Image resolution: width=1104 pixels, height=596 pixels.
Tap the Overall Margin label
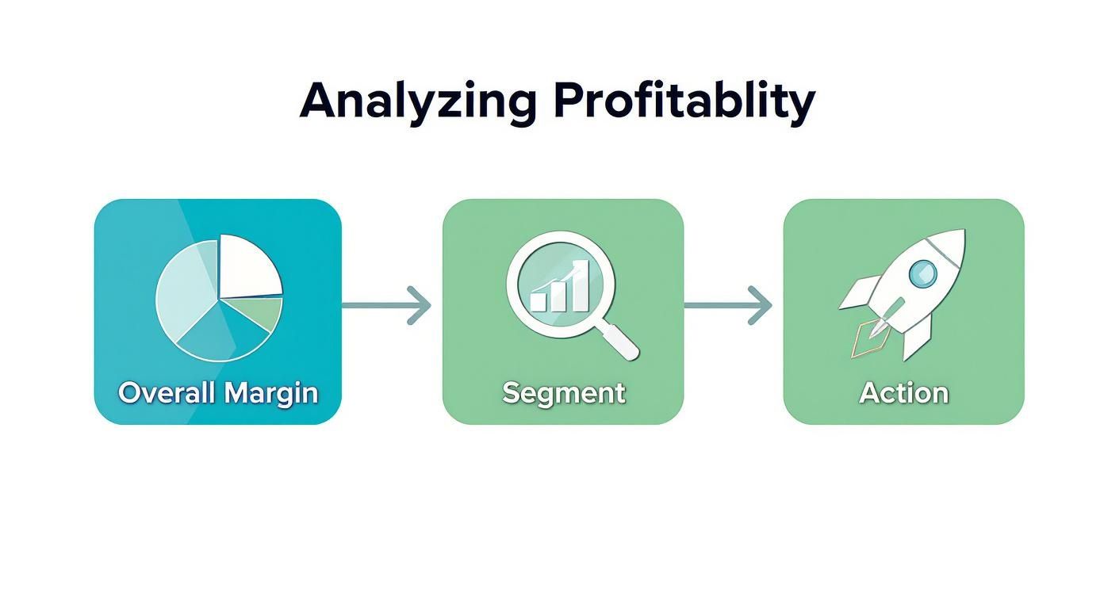pos(218,392)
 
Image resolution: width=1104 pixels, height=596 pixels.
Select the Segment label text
pos(563,392)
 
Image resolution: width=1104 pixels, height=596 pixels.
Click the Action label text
pos(903,392)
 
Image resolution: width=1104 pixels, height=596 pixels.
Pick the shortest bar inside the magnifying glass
pos(539,300)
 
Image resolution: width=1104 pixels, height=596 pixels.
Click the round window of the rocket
pos(922,274)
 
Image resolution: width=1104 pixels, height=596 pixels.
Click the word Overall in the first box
pos(167,392)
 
